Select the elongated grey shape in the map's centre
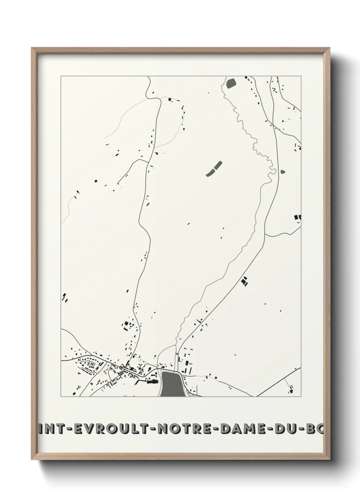(x=214, y=169)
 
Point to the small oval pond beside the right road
(x=283, y=172)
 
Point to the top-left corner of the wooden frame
(x=32, y=48)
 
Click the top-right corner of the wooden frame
(x=330, y=48)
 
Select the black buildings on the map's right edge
(x=297, y=217)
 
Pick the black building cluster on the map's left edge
(x=65, y=298)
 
